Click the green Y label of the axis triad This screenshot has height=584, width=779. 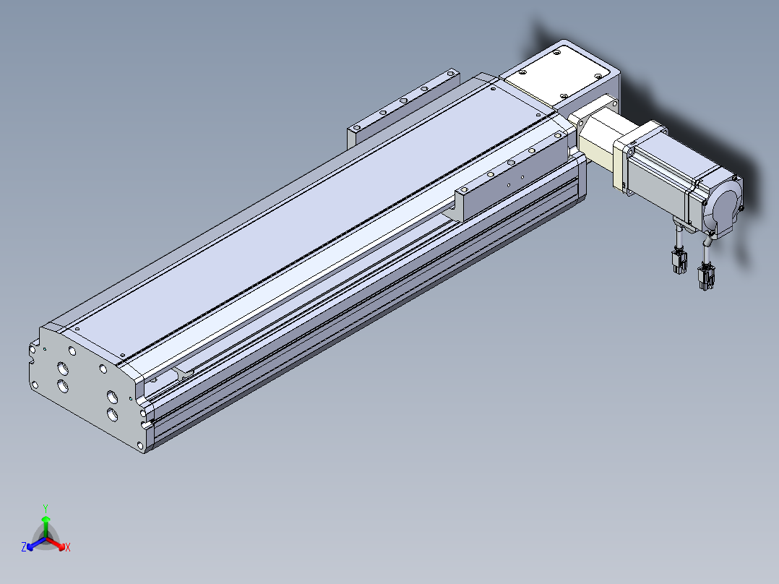click(x=46, y=508)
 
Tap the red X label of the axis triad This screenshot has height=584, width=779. click(x=68, y=547)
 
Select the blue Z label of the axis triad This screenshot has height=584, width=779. click(x=24, y=547)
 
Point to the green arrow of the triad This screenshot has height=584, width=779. click(x=46, y=526)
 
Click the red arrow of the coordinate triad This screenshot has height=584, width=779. click(x=56, y=544)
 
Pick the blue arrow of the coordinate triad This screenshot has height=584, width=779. click(x=36, y=544)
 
